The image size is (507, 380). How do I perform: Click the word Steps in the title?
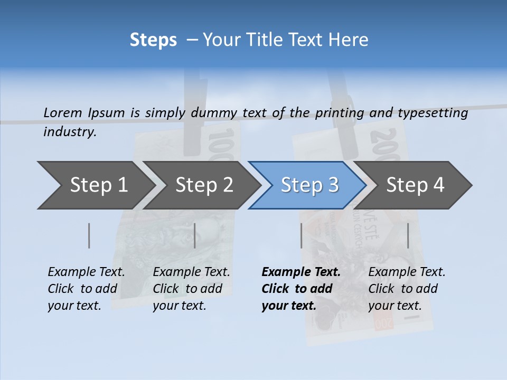click(x=153, y=40)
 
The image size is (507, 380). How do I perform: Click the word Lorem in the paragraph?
click(x=63, y=112)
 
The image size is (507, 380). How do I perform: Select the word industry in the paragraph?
click(x=70, y=131)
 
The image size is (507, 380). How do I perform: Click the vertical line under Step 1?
click(x=89, y=235)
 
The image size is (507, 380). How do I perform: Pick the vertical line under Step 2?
click(x=195, y=235)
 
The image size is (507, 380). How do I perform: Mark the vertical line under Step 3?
click(x=302, y=235)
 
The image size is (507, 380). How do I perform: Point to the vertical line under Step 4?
click(x=408, y=235)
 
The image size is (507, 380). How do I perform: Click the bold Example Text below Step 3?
click(x=301, y=272)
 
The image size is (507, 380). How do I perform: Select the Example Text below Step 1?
click(x=86, y=272)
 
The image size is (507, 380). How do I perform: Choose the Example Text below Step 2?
click(x=191, y=272)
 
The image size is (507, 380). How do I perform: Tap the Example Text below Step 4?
click(x=407, y=272)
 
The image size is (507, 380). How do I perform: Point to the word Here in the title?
click(x=349, y=40)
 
